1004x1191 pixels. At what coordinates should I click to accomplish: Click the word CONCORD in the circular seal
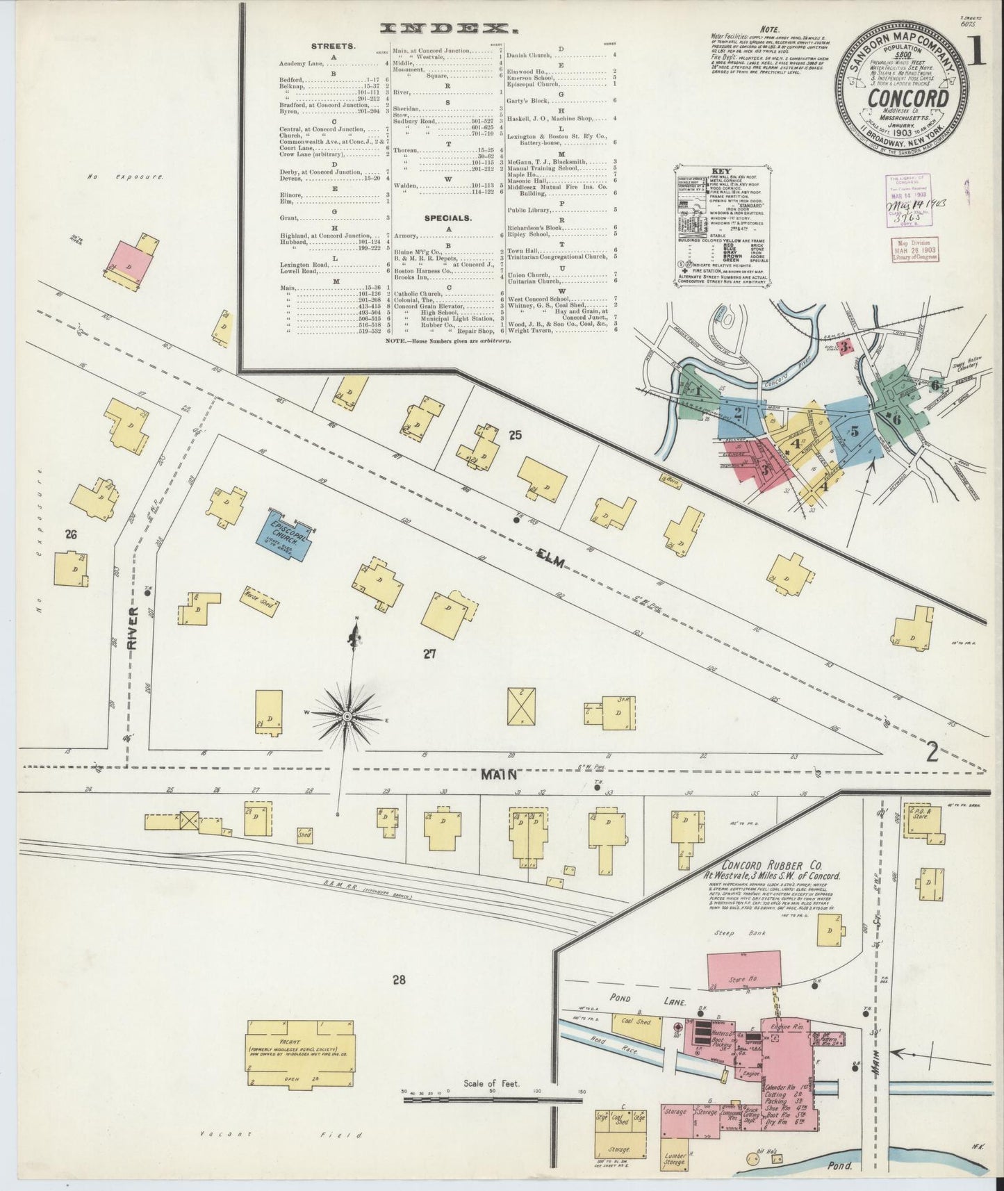pyautogui.click(x=907, y=99)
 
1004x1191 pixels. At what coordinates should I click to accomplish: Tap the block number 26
pyautogui.click(x=70, y=534)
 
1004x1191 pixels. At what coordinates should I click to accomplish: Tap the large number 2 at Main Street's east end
pyautogui.click(x=932, y=751)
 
